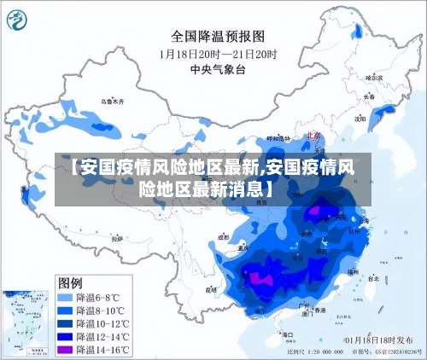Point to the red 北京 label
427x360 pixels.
tap(310, 135)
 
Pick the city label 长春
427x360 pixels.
tap(369, 96)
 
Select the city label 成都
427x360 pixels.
tap(224, 238)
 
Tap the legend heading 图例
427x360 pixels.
tap(70, 282)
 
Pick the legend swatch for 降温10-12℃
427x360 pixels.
tap(64, 323)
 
